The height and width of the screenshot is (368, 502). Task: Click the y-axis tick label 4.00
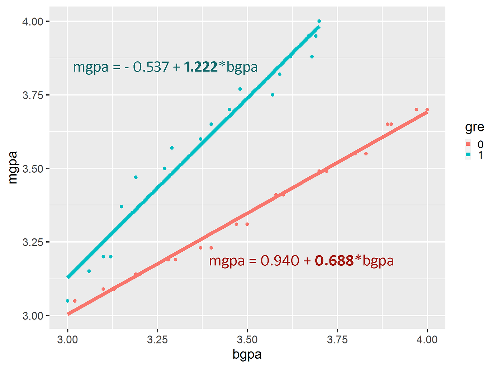pos(33,22)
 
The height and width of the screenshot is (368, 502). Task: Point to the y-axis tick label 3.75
pos(33,95)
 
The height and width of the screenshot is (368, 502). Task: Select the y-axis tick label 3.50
pos(33,169)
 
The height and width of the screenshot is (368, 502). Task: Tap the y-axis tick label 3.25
pos(33,242)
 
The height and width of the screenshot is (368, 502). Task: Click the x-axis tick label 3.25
pos(157,340)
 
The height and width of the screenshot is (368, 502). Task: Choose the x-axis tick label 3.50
pos(247,340)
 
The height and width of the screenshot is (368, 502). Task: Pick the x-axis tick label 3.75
pos(337,340)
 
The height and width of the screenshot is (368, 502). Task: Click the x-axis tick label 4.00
pos(427,340)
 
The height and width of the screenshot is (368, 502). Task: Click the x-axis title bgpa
pos(247,355)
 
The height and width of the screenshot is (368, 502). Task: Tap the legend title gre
pos(474,127)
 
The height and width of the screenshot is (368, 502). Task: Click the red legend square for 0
pos(468,144)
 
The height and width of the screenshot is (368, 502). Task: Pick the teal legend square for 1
pos(468,155)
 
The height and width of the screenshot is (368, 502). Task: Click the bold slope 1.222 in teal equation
pos(200,67)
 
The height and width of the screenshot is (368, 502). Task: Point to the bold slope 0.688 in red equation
pos(334,261)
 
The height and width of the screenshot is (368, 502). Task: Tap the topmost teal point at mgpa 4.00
pos(319,21)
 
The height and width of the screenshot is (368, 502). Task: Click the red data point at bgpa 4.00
pos(427,110)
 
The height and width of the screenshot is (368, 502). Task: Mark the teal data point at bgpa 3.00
pos(67,301)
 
